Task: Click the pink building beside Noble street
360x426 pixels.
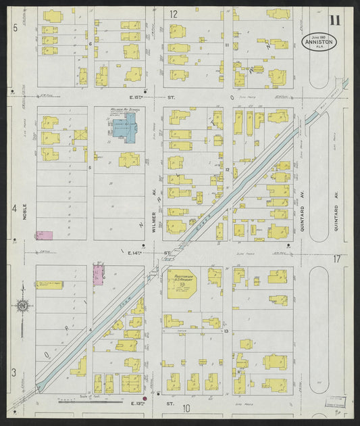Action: (44, 235)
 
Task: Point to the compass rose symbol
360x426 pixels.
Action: (22, 306)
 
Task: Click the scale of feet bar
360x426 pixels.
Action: (84, 400)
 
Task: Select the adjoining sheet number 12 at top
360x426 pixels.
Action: (174, 14)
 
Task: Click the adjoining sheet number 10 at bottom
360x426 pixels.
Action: (185, 408)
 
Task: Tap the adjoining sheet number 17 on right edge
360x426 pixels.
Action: (337, 259)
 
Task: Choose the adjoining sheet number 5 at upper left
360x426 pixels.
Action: (14, 27)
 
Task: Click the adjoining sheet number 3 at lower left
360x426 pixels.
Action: (13, 373)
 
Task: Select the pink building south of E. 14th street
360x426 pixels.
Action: (98, 274)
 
